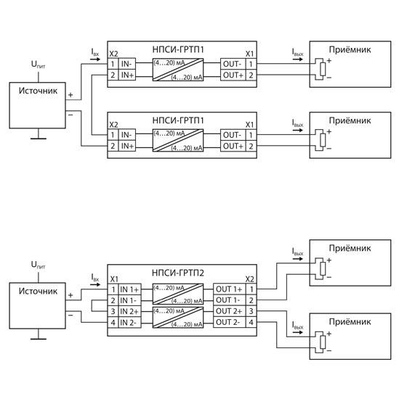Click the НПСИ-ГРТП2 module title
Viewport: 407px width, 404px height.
178,273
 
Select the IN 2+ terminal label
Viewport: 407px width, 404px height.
129,311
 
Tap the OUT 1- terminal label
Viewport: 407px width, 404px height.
228,300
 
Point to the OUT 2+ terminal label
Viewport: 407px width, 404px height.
229,311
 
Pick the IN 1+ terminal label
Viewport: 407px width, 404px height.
129,289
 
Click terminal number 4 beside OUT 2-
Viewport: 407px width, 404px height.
251,323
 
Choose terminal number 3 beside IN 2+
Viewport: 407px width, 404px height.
113,311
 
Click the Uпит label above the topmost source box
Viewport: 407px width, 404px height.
38,65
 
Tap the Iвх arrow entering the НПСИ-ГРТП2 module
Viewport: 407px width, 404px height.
95,284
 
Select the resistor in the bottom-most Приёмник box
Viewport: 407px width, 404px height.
323,342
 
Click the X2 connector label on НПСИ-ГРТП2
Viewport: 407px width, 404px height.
250,279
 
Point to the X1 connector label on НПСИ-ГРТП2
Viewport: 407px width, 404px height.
114,279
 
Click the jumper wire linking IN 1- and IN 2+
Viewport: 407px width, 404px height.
92,306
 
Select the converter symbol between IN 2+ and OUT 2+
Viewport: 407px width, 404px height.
178,318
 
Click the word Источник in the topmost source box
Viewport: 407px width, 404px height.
38,91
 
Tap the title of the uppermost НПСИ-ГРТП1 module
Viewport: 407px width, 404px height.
178,49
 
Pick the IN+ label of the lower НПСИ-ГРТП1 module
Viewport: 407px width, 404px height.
127,146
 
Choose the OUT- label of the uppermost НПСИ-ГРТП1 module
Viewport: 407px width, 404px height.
233,64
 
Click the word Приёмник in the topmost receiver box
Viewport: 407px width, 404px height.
350,49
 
